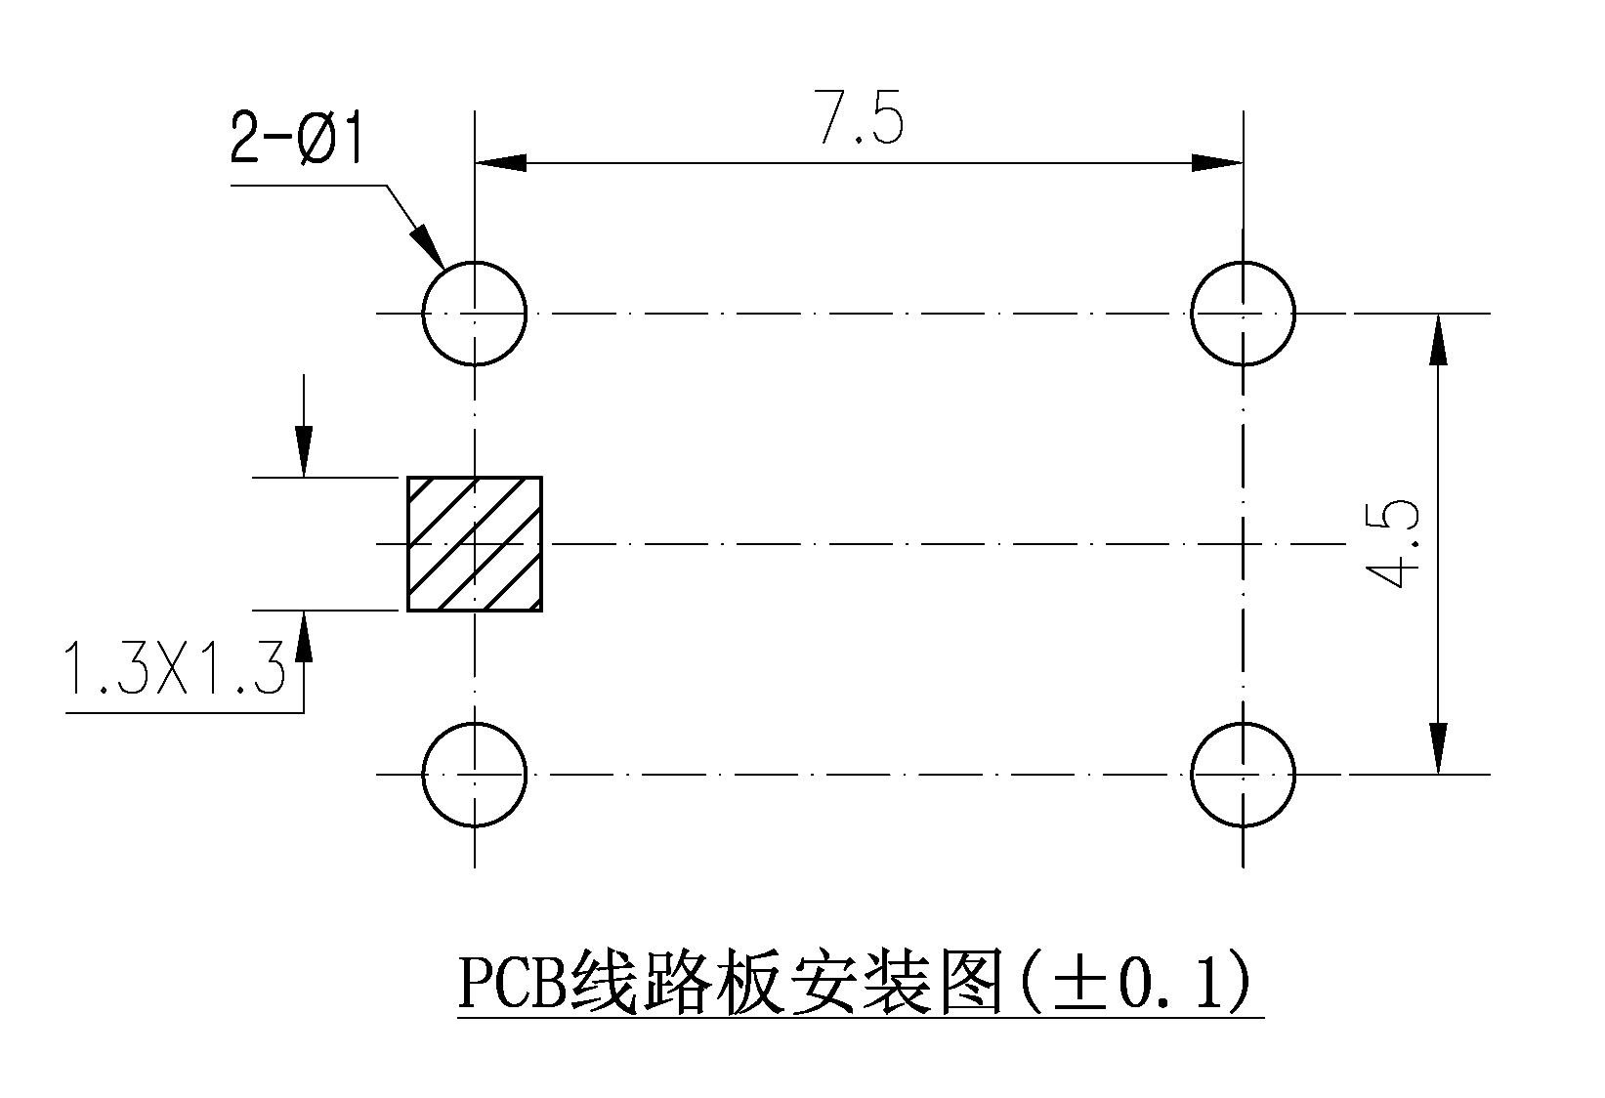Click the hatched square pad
click(x=475, y=544)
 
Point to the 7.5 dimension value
click(x=859, y=117)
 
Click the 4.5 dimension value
click(x=1391, y=544)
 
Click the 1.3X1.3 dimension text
click(x=175, y=668)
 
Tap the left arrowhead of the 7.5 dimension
click(x=501, y=163)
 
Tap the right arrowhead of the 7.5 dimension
click(x=1216, y=163)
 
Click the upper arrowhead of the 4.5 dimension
click(x=1438, y=340)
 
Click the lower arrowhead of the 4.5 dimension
click(x=1438, y=748)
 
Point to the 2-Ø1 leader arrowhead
click(x=428, y=246)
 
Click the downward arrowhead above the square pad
click(x=304, y=450)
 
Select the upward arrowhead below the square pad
click(x=304, y=636)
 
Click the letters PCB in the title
click(x=513, y=983)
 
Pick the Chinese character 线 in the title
click(x=604, y=983)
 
